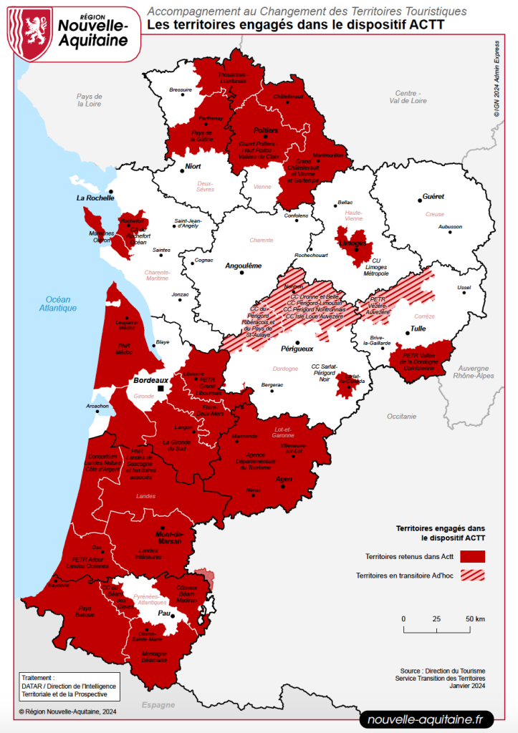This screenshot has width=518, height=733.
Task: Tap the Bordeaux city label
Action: coord(150,380)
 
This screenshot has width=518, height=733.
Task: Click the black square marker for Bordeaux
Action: coord(161,389)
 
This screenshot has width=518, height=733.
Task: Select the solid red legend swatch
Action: coord(473,556)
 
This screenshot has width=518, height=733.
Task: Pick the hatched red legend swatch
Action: coord(473,575)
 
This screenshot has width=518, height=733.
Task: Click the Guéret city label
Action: coord(433,196)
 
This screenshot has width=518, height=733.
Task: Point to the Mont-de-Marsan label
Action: coord(170,538)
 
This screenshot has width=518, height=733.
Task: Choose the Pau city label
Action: coord(164,613)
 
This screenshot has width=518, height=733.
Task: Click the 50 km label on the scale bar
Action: coord(475,618)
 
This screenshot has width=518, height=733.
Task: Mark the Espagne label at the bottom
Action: coord(157,705)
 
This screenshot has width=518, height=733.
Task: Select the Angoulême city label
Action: coord(244,266)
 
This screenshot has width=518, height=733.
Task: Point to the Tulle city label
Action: coord(417,330)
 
